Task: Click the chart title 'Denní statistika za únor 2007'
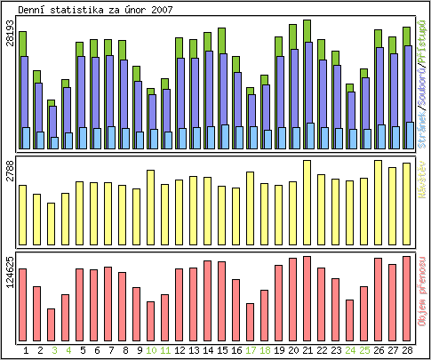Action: [x=96, y=9]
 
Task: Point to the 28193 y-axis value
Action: [x=10, y=44]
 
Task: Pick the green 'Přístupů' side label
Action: [x=422, y=43]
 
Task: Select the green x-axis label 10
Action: [x=151, y=350]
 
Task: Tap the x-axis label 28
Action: [x=407, y=350]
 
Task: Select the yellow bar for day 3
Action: [x=52, y=223]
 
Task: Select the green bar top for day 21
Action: [x=307, y=29]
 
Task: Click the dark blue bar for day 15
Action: [x=222, y=89]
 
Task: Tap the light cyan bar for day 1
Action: [x=26, y=138]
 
